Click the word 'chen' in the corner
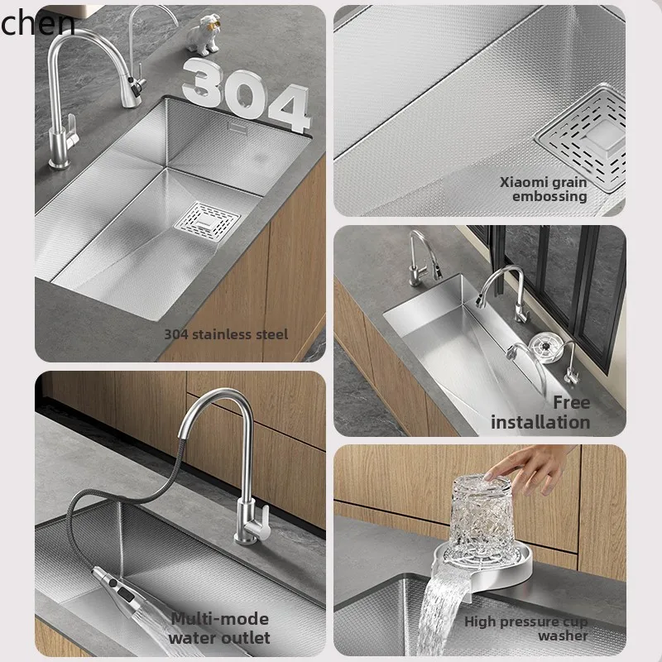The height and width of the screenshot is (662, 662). coord(37,24)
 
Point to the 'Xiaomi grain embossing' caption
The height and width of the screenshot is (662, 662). coord(543,189)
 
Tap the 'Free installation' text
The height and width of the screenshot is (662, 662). coord(540,412)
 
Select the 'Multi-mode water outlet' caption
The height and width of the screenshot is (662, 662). coord(219,628)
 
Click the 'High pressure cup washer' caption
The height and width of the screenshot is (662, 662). coord(525,628)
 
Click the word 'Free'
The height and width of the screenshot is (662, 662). coord(572,402)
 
